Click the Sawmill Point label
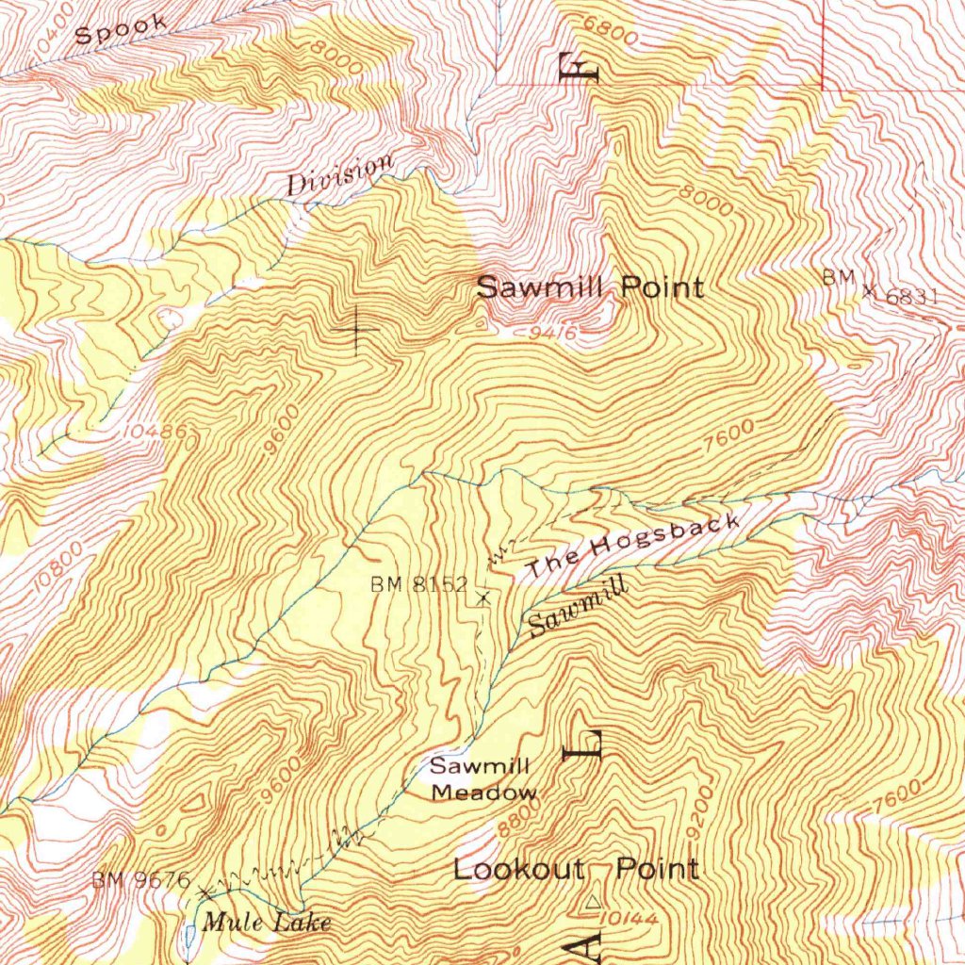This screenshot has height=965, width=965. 590,287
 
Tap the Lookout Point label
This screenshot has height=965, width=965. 576,869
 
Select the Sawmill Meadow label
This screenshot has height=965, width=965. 482,779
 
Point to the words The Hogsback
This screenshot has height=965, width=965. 633,547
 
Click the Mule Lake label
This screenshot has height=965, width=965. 267,922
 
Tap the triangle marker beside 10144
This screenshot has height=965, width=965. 591,904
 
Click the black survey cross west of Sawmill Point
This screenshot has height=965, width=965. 356,330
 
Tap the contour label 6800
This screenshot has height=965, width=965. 612,30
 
